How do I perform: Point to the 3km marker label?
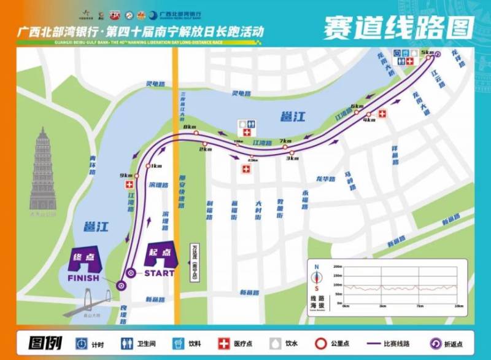tap(292, 158)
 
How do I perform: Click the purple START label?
tap(159, 273)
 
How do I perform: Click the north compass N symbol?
tap(316, 267)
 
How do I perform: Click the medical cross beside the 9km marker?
tap(129, 185)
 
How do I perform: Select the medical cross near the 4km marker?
tap(382, 114)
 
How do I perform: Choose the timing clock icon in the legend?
tap(81, 342)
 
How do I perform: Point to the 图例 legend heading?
tap(44, 342)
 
